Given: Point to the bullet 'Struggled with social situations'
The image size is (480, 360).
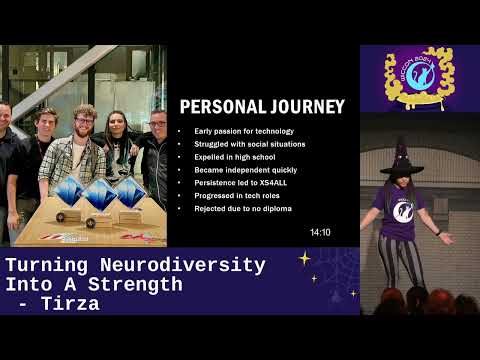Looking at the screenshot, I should click(249, 144).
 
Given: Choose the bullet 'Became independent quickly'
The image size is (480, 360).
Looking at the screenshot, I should click(241, 170).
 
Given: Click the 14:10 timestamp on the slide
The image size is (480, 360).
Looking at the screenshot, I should click(320, 232).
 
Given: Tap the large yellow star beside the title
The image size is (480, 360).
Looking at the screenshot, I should click(304, 259).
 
